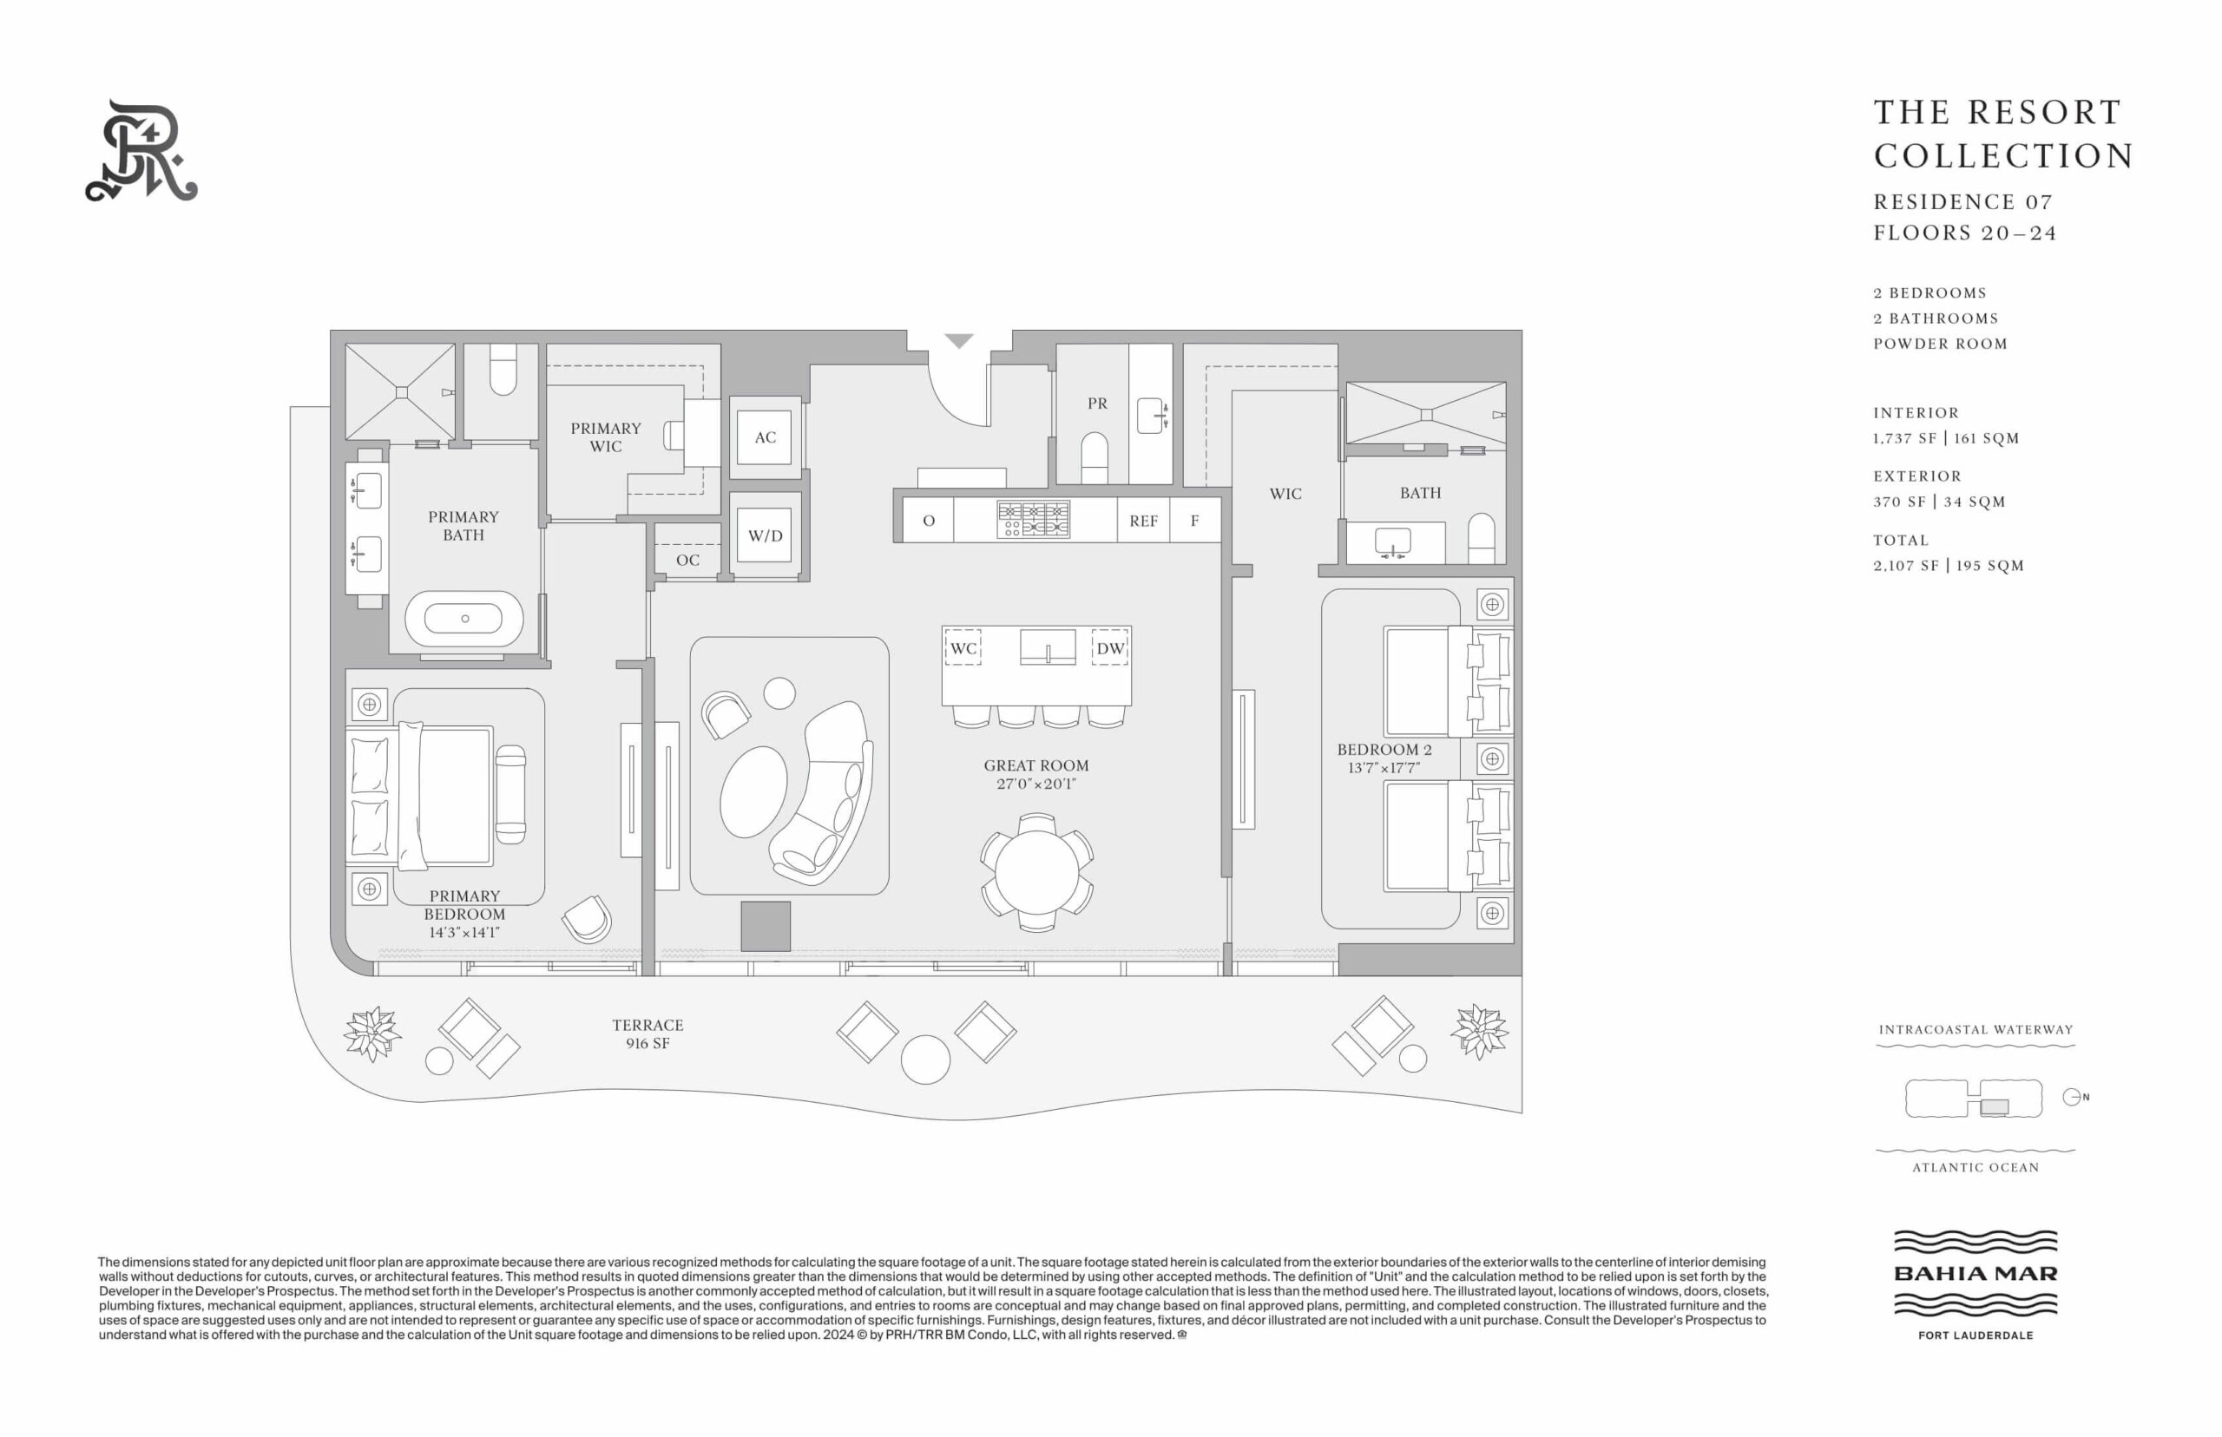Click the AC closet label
click(x=766, y=436)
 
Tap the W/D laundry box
click(x=765, y=535)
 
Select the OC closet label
click(x=687, y=560)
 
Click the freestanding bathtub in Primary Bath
click(x=463, y=619)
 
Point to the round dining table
click(x=1037, y=872)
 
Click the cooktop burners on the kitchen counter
click(x=1033, y=520)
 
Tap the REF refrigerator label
click(x=1143, y=521)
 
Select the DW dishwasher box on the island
click(x=1109, y=647)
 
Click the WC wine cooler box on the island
click(x=963, y=647)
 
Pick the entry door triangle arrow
click(x=959, y=339)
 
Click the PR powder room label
click(x=1097, y=404)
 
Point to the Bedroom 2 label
click(x=1384, y=749)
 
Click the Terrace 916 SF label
click(x=648, y=1033)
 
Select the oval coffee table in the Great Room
click(x=754, y=791)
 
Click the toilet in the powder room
click(x=1094, y=457)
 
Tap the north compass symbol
click(x=2072, y=1098)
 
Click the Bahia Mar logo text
click(x=1975, y=1274)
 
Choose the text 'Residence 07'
click(x=1963, y=201)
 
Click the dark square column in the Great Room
click(x=766, y=927)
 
